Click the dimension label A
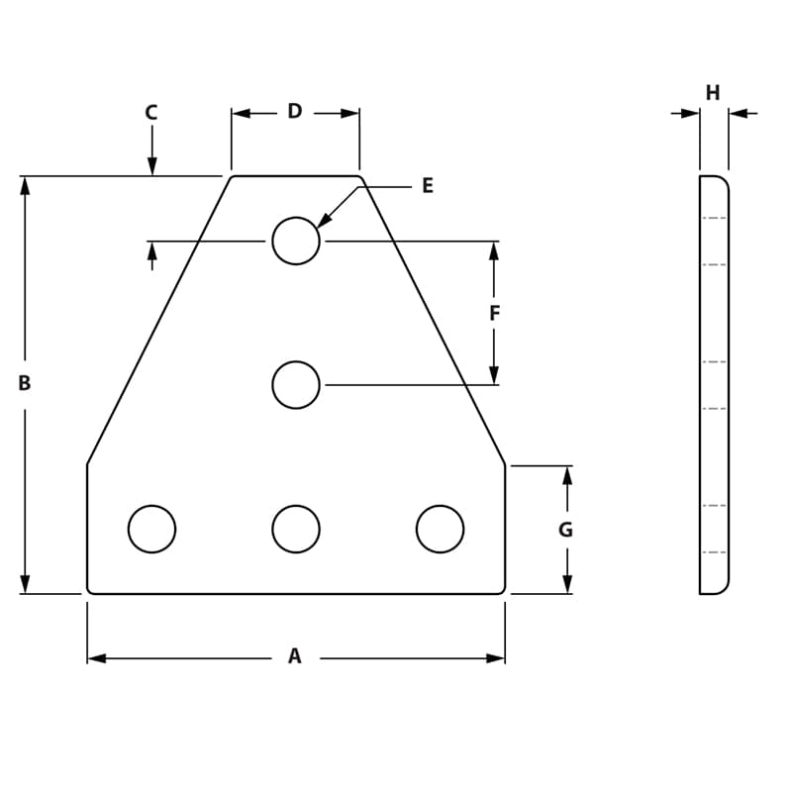coord(294,655)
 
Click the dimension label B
coord(25,383)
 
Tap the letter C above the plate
coord(151,113)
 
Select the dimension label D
coord(294,112)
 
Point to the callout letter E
coord(428,186)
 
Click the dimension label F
coord(495,314)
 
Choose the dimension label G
coord(565,530)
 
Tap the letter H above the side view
coord(713,93)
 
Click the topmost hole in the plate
coord(296,241)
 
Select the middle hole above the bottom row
coord(296,385)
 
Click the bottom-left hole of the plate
coord(151,529)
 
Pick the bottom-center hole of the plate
coord(296,529)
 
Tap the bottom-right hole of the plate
coord(440,529)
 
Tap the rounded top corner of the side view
coord(723,181)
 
